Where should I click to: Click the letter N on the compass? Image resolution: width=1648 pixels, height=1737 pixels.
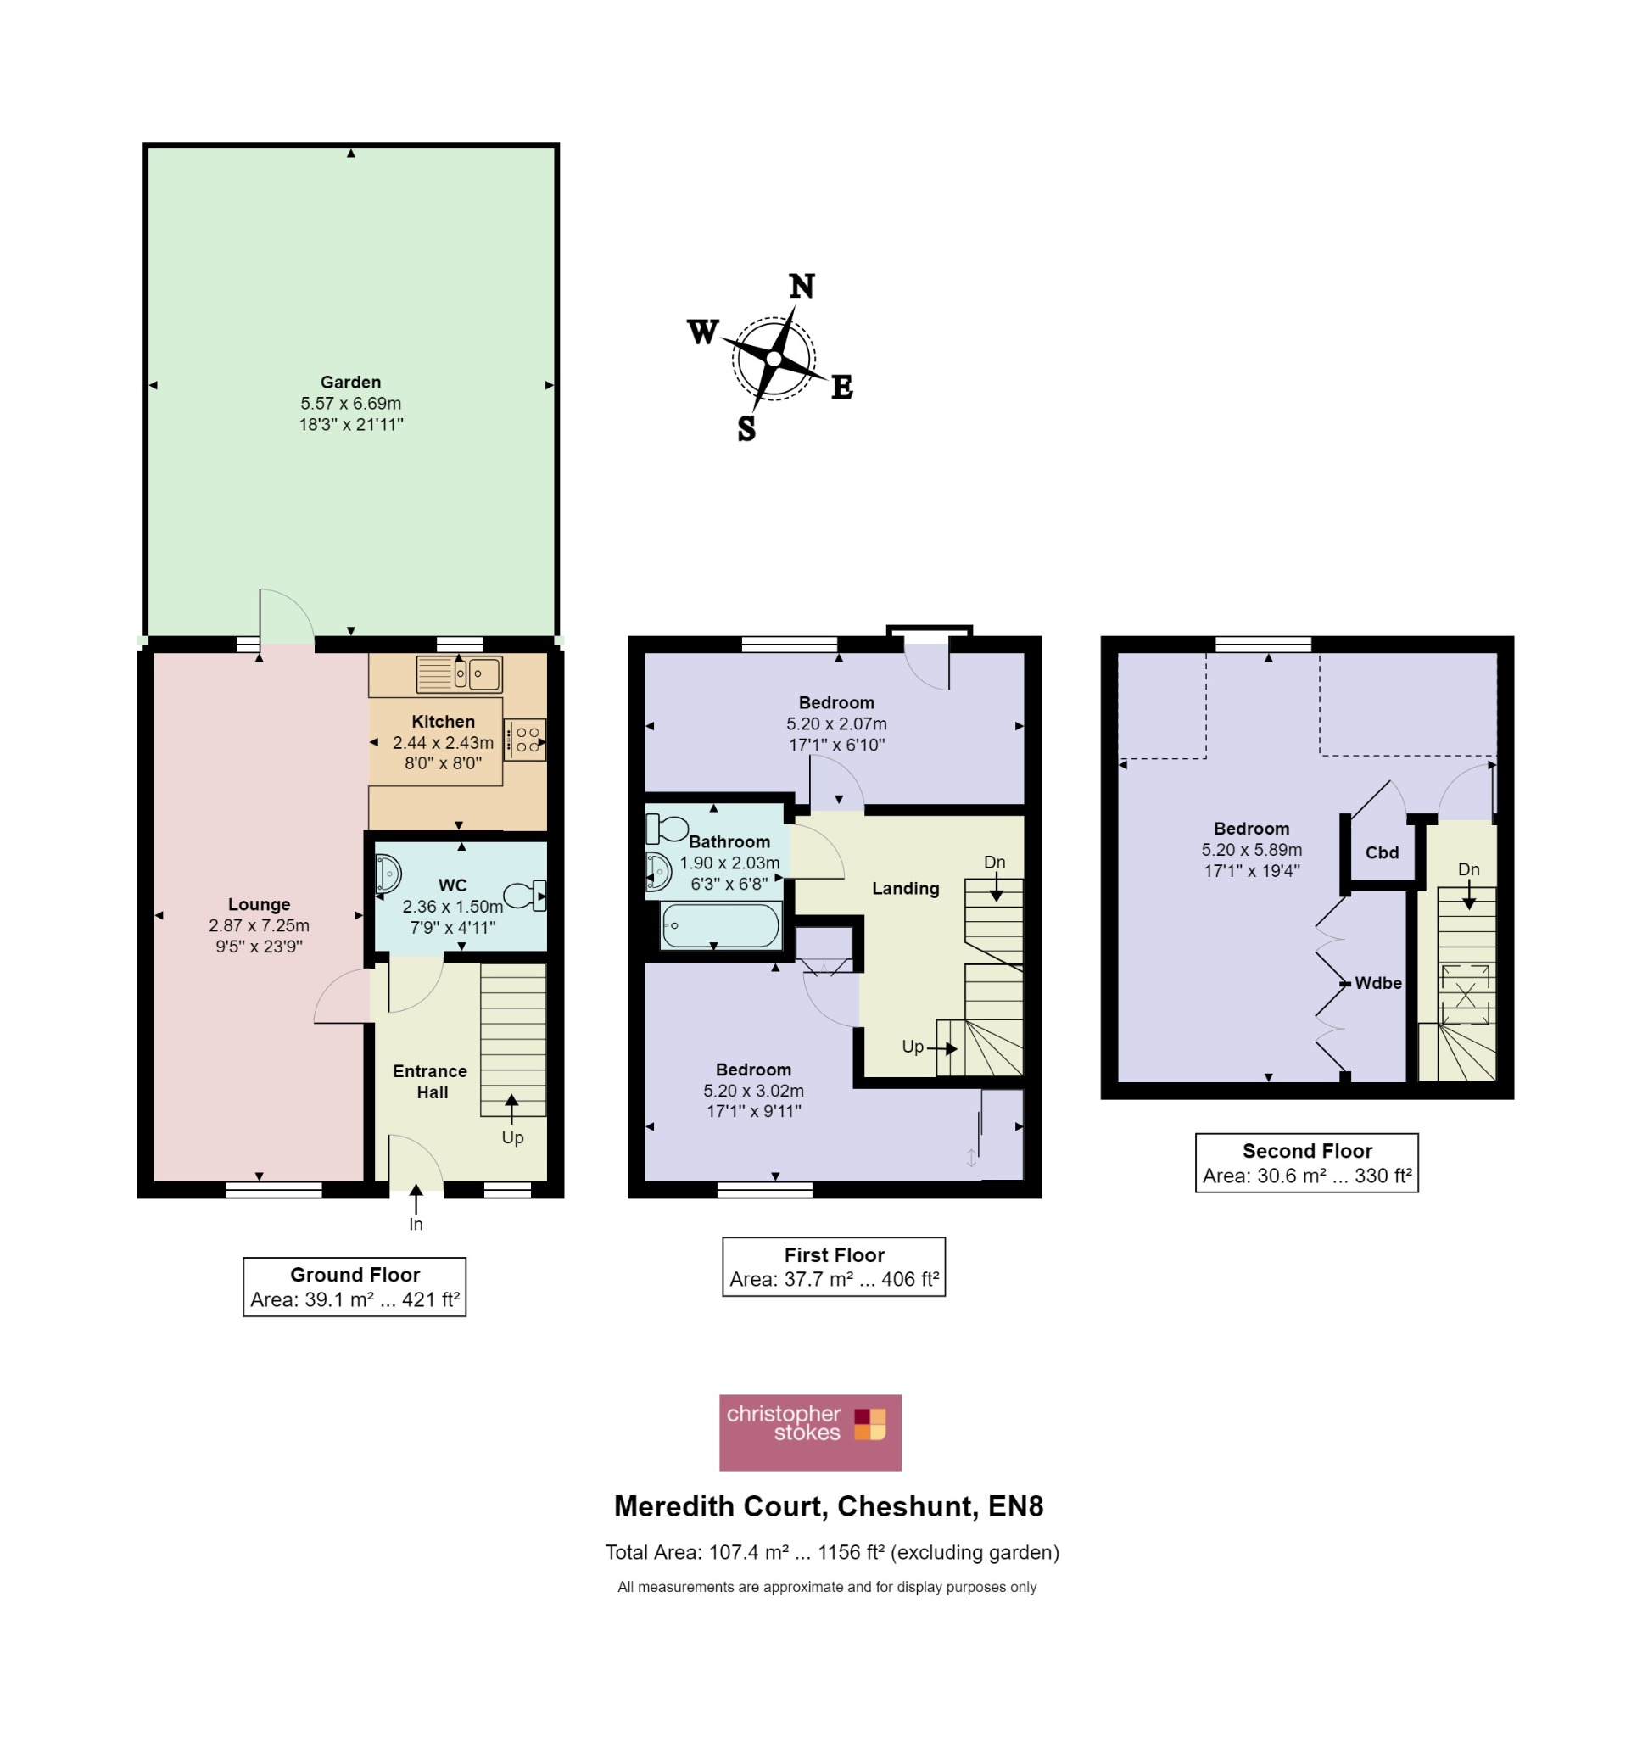[x=802, y=286]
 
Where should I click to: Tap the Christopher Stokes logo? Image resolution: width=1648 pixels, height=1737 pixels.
[x=810, y=1433]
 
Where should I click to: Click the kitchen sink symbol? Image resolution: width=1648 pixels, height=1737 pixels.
[x=459, y=675]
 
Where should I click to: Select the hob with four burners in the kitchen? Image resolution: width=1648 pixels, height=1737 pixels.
[x=524, y=740]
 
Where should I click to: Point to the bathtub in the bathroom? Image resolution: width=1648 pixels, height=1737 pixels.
[x=720, y=926]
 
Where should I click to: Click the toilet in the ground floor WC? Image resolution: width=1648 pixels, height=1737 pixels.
[x=525, y=896]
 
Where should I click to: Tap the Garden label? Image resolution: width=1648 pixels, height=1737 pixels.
[x=350, y=383]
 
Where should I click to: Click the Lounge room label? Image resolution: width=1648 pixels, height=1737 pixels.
[x=260, y=904]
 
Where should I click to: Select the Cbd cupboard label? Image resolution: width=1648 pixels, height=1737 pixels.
[x=1382, y=852]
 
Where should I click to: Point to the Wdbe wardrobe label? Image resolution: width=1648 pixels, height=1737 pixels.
[x=1378, y=983]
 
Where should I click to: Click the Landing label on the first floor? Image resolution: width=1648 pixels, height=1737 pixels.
[x=906, y=888]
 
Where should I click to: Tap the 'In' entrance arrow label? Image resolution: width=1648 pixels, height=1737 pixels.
[x=416, y=1224]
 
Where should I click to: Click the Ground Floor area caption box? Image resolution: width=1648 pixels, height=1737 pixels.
[x=355, y=1287]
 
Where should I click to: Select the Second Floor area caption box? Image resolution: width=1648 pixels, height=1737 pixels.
[x=1307, y=1164]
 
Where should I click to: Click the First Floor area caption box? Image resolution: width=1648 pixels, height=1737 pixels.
[x=834, y=1267]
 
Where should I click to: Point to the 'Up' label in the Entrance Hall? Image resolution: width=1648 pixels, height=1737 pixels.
[x=513, y=1138]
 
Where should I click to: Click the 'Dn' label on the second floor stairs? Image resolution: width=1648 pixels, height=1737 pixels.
[x=1469, y=870]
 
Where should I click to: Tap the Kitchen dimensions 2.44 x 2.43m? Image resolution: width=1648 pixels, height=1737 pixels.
[x=443, y=742]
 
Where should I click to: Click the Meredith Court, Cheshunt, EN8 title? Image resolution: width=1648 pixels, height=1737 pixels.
[x=829, y=1506]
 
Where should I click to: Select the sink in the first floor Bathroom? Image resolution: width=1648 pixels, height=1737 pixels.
[x=659, y=872]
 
